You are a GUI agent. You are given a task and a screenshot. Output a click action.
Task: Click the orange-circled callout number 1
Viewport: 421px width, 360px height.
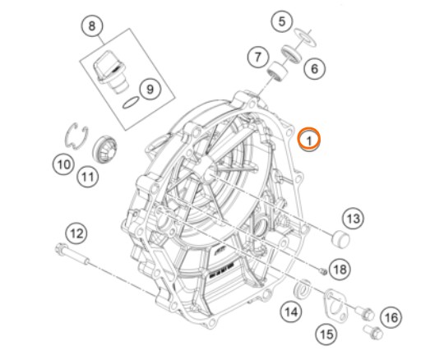click(x=309, y=139)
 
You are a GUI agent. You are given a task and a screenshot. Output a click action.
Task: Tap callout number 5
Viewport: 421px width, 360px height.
click(x=282, y=21)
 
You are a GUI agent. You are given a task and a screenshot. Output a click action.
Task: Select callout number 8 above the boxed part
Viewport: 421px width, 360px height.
click(x=92, y=25)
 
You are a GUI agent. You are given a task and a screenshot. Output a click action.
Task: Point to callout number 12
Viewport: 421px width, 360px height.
click(x=76, y=233)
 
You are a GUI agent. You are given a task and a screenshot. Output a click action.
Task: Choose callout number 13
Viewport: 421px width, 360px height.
click(x=354, y=219)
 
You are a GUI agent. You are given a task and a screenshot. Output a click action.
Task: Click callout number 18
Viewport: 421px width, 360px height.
click(x=340, y=269)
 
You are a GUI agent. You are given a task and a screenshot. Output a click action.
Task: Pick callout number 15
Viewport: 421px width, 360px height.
click(x=326, y=334)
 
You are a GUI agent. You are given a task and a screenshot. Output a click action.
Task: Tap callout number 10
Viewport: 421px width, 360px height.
click(x=63, y=164)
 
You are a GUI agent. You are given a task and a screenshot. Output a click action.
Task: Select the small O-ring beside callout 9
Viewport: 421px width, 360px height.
click(x=131, y=104)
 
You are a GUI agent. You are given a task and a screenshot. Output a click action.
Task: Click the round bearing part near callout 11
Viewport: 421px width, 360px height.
click(x=105, y=150)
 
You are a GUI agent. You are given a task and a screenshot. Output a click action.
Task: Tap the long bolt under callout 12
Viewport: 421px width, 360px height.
click(x=73, y=254)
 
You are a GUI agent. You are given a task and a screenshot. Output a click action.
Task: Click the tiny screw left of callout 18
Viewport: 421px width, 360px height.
click(x=323, y=271)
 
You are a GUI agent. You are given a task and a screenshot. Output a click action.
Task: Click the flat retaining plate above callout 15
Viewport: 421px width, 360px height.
click(x=335, y=305)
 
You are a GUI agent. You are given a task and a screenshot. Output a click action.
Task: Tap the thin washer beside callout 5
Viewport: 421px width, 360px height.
click(x=305, y=36)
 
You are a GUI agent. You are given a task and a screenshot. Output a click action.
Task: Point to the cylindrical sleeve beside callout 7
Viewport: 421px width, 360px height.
click(x=277, y=72)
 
